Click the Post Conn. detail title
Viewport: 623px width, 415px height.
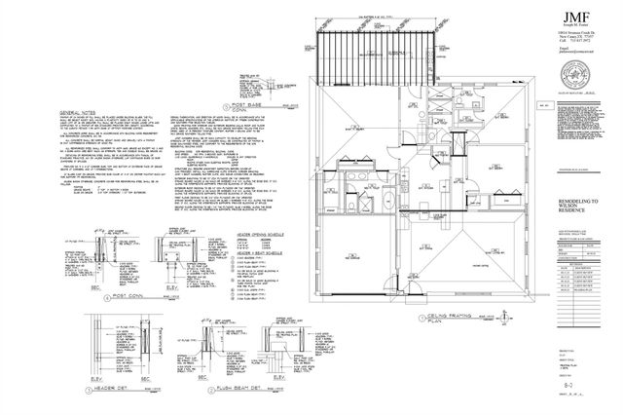(124, 291)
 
